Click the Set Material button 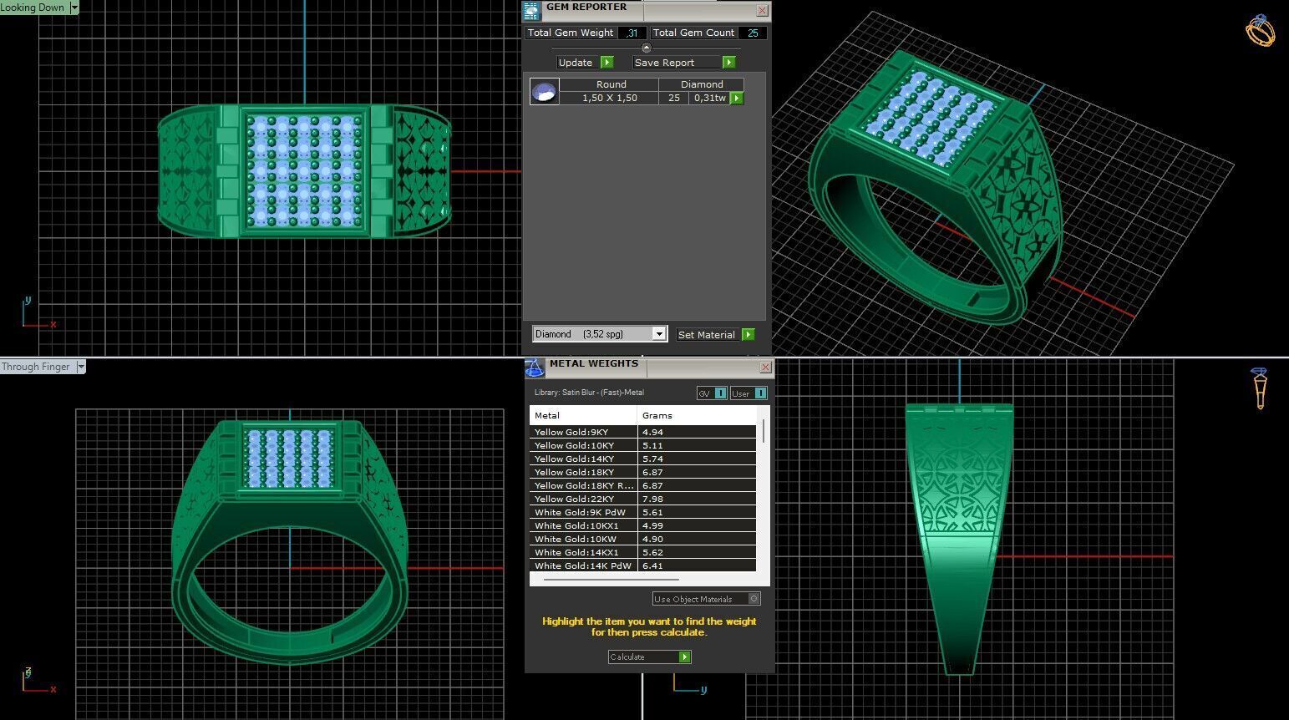(715, 334)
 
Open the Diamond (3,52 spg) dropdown (658, 334)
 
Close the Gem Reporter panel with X (762, 10)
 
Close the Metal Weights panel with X (765, 368)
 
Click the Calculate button (649, 657)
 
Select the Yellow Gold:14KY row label (574, 459)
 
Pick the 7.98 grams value (652, 499)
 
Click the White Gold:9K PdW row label (580, 512)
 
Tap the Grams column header (657, 415)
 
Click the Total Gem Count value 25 (753, 33)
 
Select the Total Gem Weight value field (632, 33)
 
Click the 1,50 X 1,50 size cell (610, 98)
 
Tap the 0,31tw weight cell (709, 98)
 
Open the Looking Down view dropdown (74, 8)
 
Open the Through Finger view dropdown (81, 367)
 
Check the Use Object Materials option (754, 599)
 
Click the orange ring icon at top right (1260, 31)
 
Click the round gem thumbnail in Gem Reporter (544, 91)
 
